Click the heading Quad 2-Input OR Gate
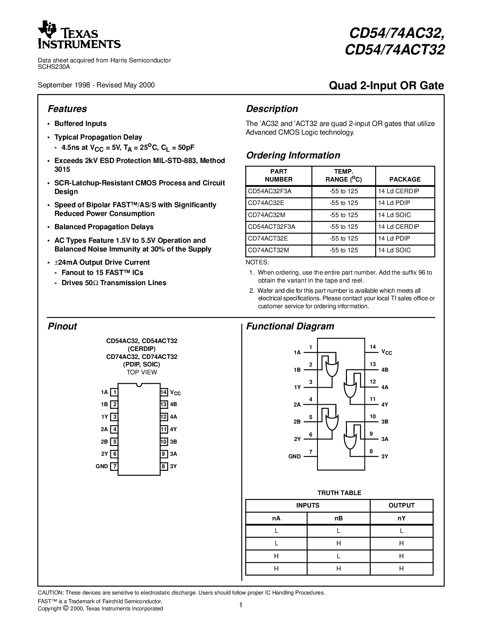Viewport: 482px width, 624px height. [386, 86]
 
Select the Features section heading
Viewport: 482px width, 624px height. [67, 109]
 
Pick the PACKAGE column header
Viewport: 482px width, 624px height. [405, 179]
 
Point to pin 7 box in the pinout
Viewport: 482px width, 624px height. [115, 466]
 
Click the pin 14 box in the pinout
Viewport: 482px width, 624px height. [163, 392]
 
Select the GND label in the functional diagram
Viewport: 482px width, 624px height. [294, 456]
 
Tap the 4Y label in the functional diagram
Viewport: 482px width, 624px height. [384, 405]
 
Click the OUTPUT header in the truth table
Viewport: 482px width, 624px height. [401, 505]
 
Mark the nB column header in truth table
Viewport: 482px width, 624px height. [338, 518]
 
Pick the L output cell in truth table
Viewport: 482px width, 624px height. [401, 531]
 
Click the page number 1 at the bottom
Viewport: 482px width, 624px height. [240, 605]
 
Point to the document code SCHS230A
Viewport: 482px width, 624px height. [54, 67]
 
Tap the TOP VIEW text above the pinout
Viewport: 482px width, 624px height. [142, 372]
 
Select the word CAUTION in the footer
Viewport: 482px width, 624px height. [50, 593]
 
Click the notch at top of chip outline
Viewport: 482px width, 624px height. [139, 385]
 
